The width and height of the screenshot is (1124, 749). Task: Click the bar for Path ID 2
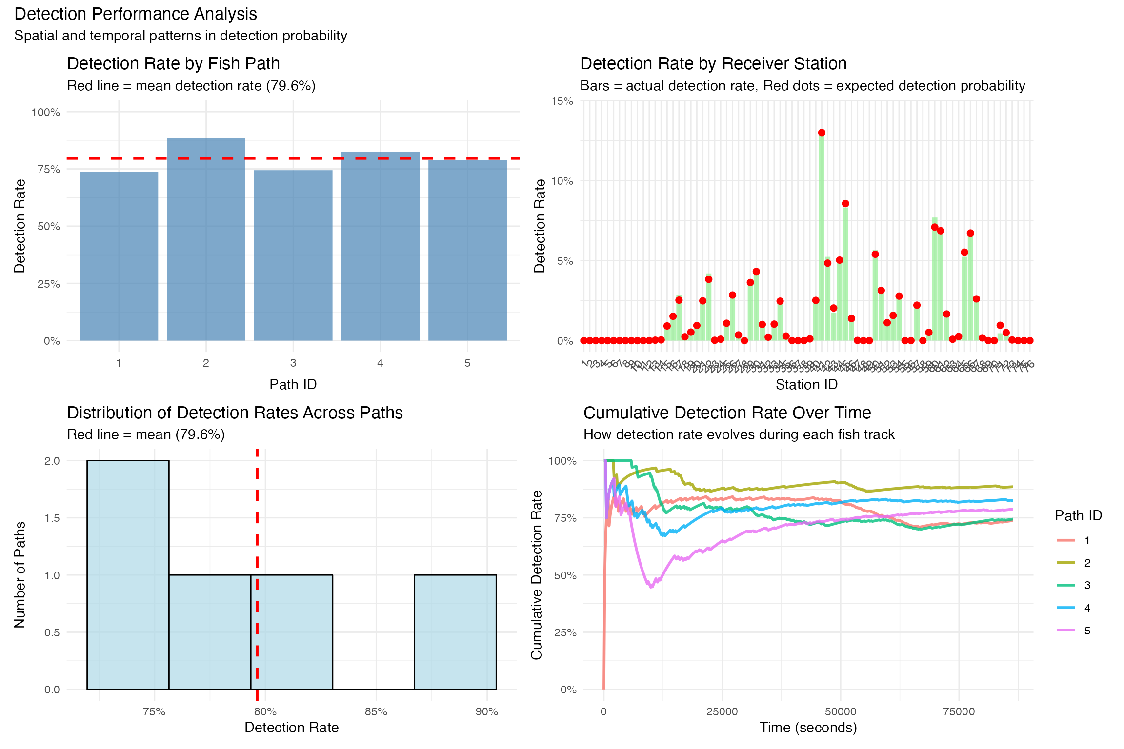coord(206,239)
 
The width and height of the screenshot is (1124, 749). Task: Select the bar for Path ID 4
coord(380,246)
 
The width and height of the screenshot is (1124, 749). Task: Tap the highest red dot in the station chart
coord(822,133)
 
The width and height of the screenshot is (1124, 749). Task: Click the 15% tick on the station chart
coord(562,101)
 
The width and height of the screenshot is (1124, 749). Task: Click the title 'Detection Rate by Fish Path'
coord(173,64)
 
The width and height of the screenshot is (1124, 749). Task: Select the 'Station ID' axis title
coord(806,385)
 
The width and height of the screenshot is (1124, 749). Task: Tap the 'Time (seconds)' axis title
coord(808,728)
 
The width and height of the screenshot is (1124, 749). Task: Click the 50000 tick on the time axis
coord(840,711)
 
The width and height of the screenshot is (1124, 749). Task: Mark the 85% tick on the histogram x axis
coord(376,711)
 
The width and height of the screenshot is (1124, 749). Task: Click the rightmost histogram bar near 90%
coord(455,632)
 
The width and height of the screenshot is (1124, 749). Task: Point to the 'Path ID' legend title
coord(1078,515)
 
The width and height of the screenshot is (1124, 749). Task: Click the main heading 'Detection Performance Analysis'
coord(136,14)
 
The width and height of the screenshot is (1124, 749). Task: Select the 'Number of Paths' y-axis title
coord(20,574)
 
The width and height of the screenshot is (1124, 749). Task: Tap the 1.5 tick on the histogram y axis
coord(52,518)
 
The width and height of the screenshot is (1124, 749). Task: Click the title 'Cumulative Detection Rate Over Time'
coord(727,413)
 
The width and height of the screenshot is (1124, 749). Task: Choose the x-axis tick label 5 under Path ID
coord(467,363)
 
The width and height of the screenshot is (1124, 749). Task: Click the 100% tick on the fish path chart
coord(46,113)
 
